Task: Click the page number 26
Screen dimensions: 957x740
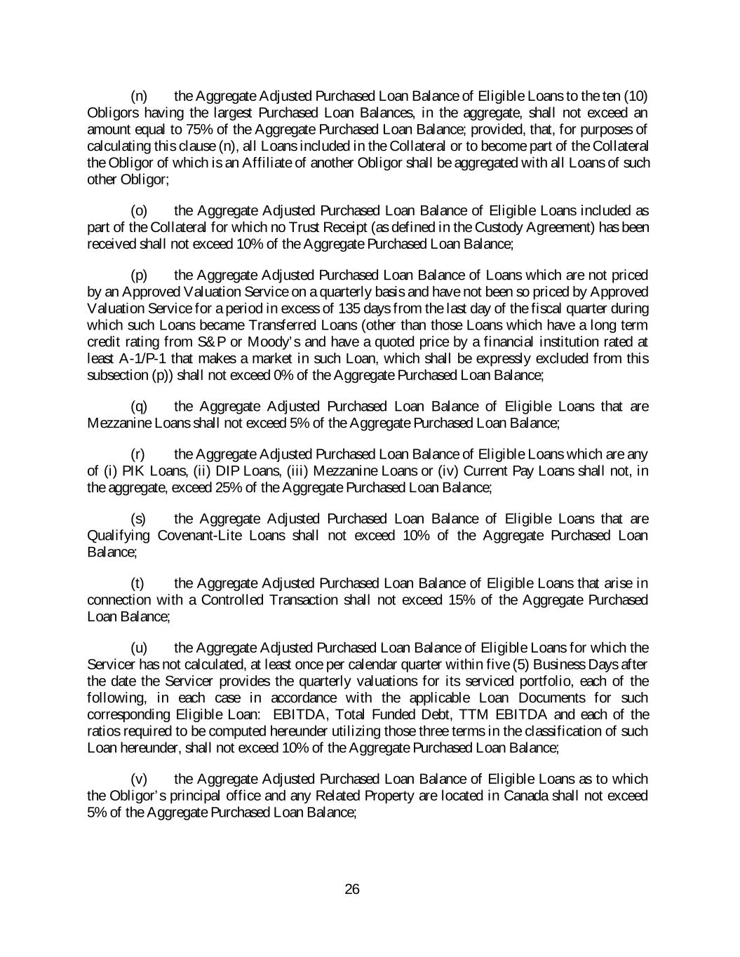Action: (x=352, y=889)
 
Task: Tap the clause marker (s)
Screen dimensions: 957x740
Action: (x=139, y=519)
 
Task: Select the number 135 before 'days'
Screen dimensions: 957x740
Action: (x=350, y=308)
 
